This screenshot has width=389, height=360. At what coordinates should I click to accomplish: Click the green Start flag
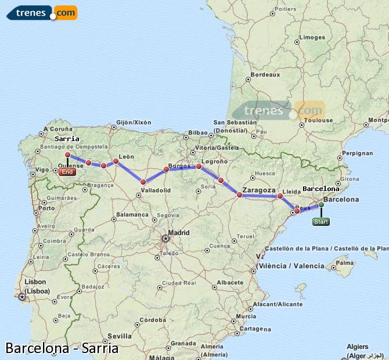[320, 221]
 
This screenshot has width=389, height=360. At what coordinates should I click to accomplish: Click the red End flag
[67, 172]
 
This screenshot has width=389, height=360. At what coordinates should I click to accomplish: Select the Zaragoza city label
[260, 190]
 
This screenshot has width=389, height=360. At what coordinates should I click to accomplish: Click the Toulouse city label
[319, 121]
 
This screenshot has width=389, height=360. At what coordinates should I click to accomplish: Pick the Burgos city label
[179, 165]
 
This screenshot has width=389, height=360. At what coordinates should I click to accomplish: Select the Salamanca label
[133, 214]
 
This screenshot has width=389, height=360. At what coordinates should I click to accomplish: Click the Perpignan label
[358, 153]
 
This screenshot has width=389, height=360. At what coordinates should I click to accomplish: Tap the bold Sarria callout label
[67, 139]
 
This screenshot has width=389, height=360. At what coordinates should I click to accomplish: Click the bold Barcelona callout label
[321, 189]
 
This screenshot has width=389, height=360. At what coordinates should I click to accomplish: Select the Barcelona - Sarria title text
[62, 348]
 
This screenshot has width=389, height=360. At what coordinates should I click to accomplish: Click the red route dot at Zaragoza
[239, 195]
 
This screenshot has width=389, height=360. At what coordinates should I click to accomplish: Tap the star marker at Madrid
[166, 237]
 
